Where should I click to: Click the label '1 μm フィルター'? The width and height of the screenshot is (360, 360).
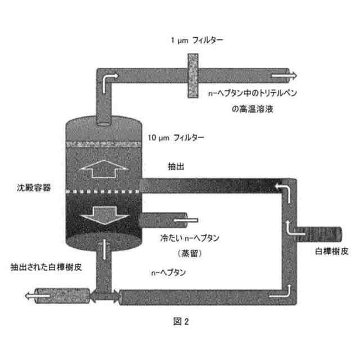pos(197,40)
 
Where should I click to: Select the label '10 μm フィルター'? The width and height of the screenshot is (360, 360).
pos(176,137)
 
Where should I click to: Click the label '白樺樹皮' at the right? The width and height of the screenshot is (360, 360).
pos(327,249)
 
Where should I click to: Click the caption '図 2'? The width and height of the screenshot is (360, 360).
pos(181,322)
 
